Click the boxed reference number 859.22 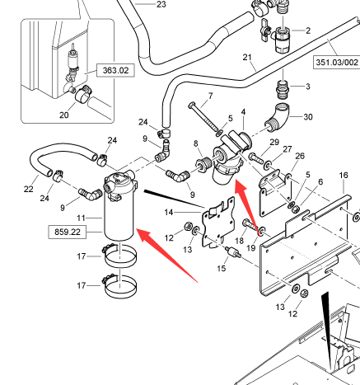tap(68, 232)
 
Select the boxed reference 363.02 tap(115, 70)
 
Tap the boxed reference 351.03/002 tap(337, 62)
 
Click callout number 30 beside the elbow tap(308, 117)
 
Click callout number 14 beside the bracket tap(169, 213)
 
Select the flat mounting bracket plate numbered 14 tap(218, 222)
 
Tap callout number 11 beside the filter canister tap(81, 218)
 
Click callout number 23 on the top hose tap(161, 4)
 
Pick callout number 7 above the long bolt tap(211, 96)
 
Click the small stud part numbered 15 tap(233, 252)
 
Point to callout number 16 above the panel tap(344, 175)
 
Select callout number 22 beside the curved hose tap(29, 189)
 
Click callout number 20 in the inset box tap(64, 115)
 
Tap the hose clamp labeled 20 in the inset tap(83, 94)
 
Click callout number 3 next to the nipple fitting tap(308, 87)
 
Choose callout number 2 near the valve tap(308, 31)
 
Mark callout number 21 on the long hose tap(247, 57)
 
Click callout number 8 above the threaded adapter tap(196, 143)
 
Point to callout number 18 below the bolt tap(239, 241)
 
